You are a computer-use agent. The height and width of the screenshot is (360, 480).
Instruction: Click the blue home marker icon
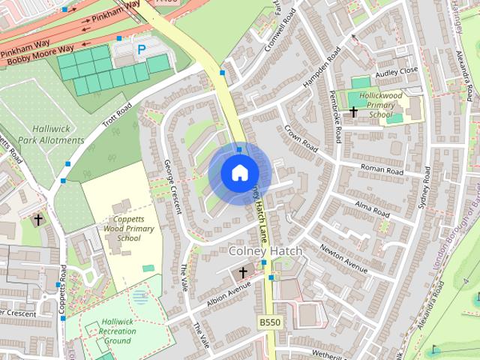point(238,172)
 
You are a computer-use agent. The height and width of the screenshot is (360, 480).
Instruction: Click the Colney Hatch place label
point(265,250)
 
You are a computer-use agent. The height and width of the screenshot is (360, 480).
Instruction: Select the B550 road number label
point(270,322)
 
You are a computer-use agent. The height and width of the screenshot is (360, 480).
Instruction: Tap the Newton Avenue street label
point(343,258)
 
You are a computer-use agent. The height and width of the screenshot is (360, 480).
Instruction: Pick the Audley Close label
point(396,71)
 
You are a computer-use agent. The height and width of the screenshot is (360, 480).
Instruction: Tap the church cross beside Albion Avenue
point(243,273)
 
